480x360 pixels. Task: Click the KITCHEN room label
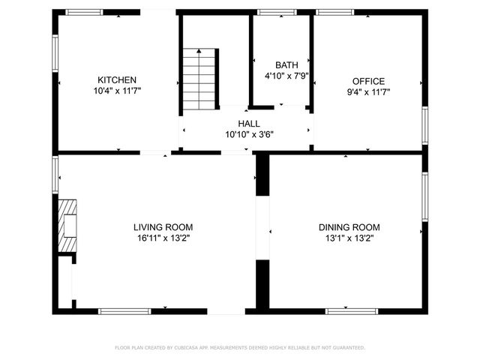[117, 80]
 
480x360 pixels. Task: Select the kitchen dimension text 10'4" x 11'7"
[117, 91]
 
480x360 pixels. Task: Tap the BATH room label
[286, 65]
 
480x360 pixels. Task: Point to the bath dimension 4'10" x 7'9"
[286, 76]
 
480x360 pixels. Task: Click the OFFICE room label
[368, 81]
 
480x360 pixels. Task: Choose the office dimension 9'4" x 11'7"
[368, 91]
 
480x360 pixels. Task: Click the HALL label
[249, 124]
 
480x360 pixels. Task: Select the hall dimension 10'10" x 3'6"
[249, 134]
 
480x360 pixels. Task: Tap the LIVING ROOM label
[163, 227]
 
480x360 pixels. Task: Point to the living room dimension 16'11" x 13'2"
[163, 238]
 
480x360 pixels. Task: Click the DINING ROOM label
[349, 227]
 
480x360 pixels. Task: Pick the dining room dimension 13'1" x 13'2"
[349, 238]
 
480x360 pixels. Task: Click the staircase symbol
[200, 79]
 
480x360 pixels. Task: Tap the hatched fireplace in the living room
[67, 227]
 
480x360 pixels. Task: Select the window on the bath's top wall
[277, 12]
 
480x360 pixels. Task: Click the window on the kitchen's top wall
[84, 12]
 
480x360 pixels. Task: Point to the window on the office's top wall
[334, 12]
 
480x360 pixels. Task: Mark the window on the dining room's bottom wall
[351, 310]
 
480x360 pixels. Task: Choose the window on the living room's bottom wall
[124, 310]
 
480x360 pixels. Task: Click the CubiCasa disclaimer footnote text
[240, 348]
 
